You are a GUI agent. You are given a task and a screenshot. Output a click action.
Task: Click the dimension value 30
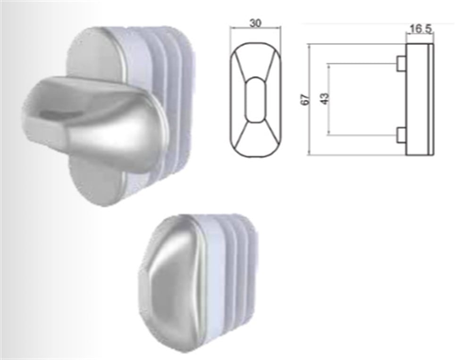pos(255,22)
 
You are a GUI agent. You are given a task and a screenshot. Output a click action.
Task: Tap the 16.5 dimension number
pos(420,29)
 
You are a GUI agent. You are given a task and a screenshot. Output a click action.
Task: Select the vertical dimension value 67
pos(305,99)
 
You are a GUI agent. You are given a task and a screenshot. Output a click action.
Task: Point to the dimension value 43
pos(324,99)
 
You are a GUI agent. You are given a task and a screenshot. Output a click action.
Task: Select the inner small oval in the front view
pos(255,99)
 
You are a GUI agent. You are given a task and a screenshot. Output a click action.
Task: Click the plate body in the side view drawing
pos(418,99)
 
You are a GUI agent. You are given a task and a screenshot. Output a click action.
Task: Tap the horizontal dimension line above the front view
pos(255,28)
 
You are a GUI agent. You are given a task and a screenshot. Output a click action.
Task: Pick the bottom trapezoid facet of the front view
pos(255,139)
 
